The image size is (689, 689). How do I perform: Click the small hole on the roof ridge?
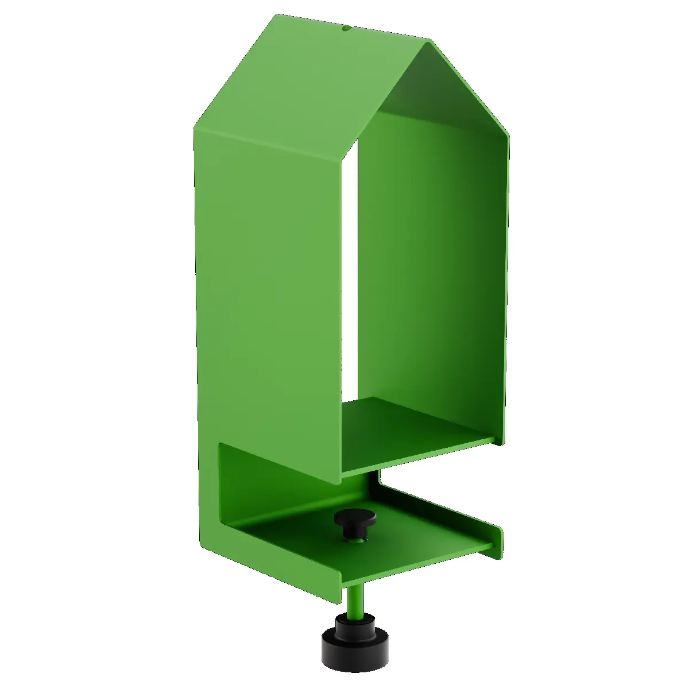(x=346, y=27)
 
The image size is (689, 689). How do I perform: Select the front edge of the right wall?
(x=507, y=287)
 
